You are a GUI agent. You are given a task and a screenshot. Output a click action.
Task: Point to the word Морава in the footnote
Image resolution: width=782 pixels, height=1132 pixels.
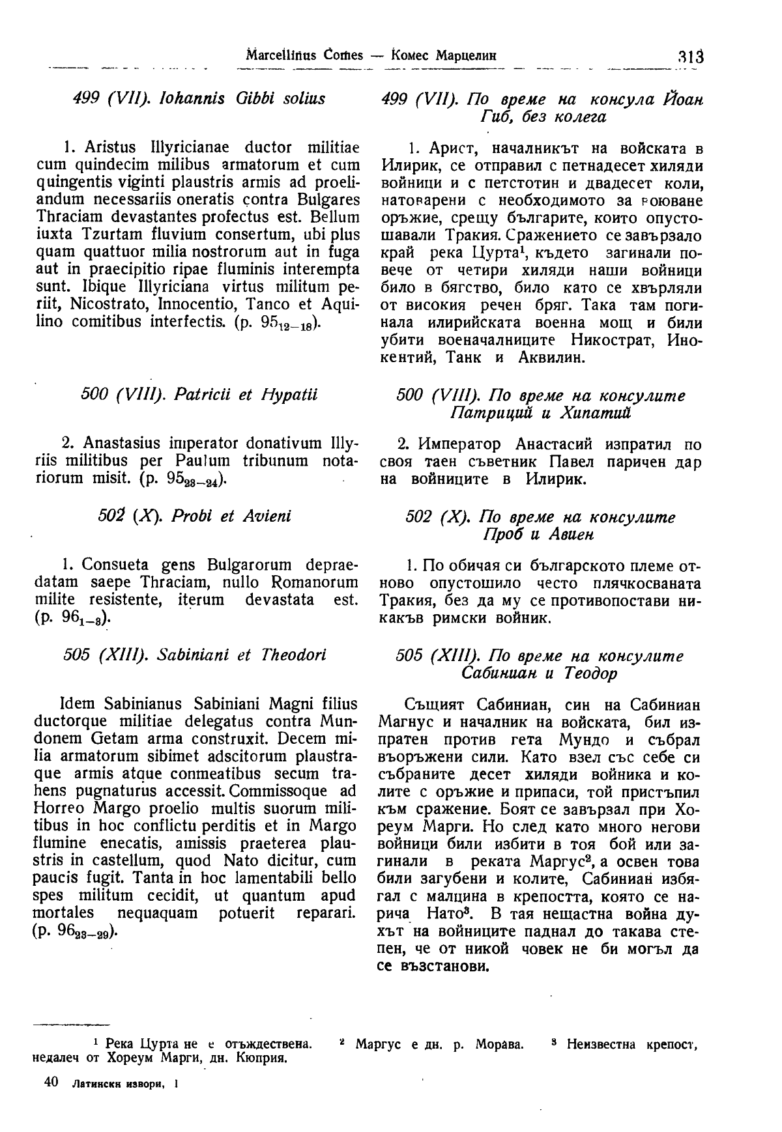click(499, 1045)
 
